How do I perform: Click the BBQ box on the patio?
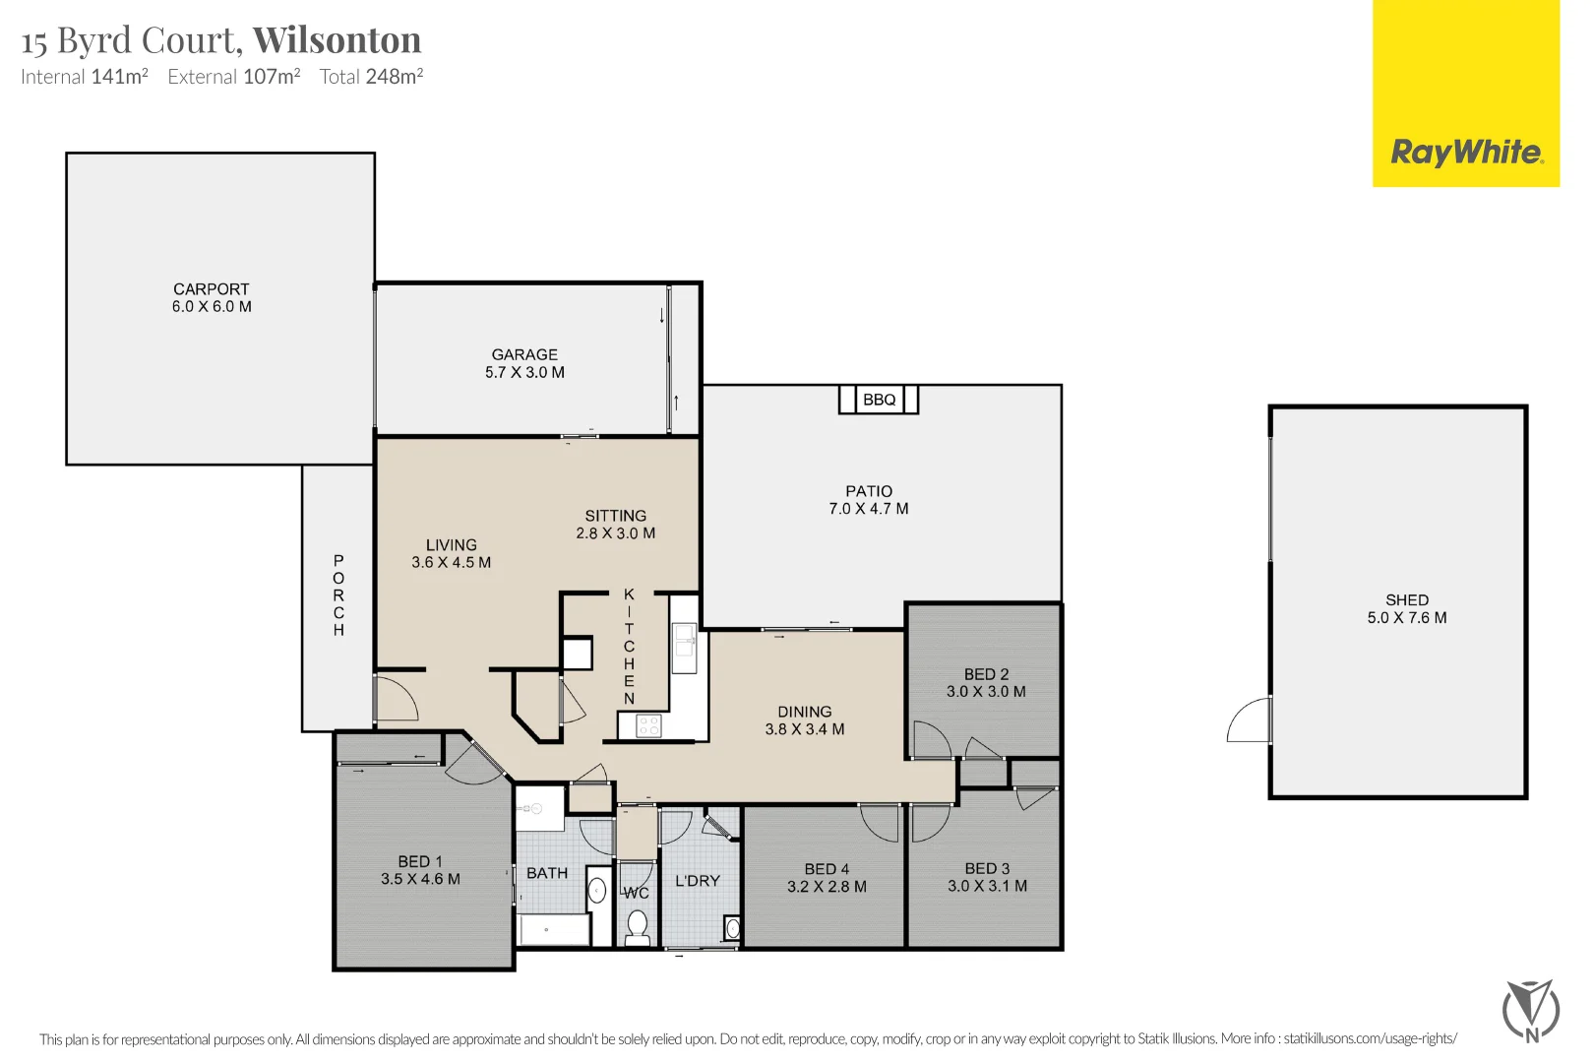point(879,400)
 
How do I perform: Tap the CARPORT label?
point(211,289)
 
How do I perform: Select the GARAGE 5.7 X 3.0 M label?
point(524,363)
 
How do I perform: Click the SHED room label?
point(1406,599)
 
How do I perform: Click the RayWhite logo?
point(1465,153)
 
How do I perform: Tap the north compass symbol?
point(1531,1010)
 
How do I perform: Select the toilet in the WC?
point(638,926)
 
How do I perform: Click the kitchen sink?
point(684,647)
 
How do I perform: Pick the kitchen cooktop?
point(648,726)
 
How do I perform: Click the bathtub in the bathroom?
point(554,930)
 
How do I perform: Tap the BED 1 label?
point(420,861)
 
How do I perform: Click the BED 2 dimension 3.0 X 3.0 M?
point(986,692)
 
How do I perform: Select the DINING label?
point(804,712)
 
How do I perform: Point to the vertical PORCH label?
point(338,595)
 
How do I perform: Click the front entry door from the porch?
point(396,698)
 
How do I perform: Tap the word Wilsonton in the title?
point(337,40)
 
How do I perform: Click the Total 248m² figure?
point(371,77)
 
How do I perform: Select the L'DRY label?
point(697,881)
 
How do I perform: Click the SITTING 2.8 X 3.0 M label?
point(615,525)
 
